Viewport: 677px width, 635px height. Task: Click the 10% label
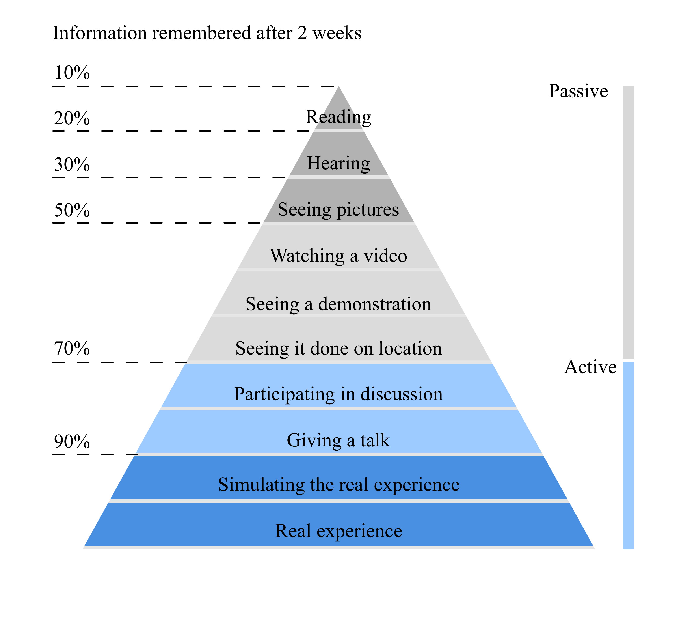click(72, 73)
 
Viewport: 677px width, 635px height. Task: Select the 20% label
click(72, 118)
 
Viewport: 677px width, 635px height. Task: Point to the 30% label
click(72, 164)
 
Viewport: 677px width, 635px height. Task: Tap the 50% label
click(72, 210)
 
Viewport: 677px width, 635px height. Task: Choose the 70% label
click(72, 349)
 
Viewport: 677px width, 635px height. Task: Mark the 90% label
click(72, 441)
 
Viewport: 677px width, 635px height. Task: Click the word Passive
click(578, 91)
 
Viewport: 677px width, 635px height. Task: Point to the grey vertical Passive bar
click(628, 222)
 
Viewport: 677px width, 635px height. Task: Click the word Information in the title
click(100, 33)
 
